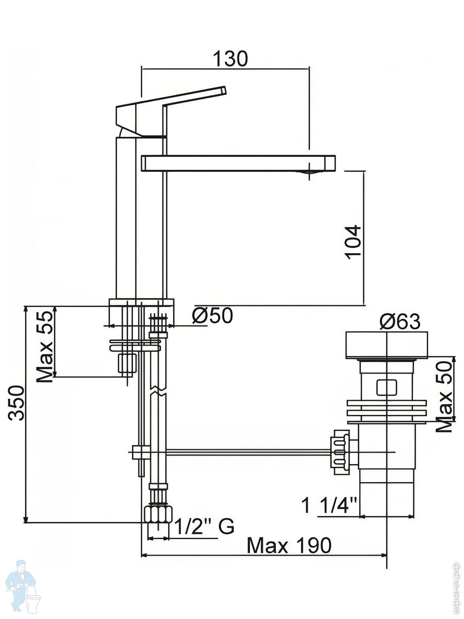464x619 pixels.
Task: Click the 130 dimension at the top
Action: tap(230, 59)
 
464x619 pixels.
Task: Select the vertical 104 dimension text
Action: tap(353, 242)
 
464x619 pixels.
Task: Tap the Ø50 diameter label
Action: tap(212, 315)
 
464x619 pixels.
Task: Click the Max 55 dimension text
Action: tap(45, 346)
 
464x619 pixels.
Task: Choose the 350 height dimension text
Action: tap(16, 403)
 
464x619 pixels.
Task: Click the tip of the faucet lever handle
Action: tap(225, 89)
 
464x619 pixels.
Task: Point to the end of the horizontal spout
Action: tap(335, 163)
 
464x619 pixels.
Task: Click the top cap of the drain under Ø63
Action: tap(387, 346)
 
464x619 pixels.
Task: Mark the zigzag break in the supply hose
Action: tap(158, 391)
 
